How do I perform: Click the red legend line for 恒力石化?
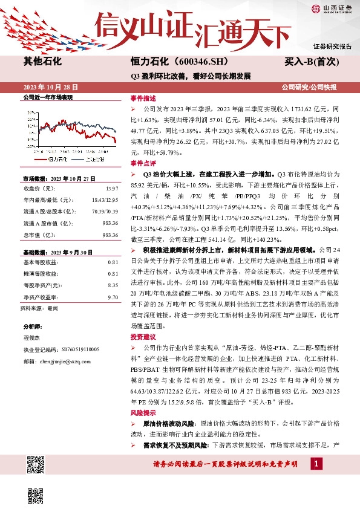pos(39,159)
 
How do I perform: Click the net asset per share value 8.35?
pos(112,284)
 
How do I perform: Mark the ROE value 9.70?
pos(112,297)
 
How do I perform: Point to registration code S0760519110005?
pos(78,350)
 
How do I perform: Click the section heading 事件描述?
pos(143,98)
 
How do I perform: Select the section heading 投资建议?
pos(143,337)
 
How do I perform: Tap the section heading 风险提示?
pos(143,413)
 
